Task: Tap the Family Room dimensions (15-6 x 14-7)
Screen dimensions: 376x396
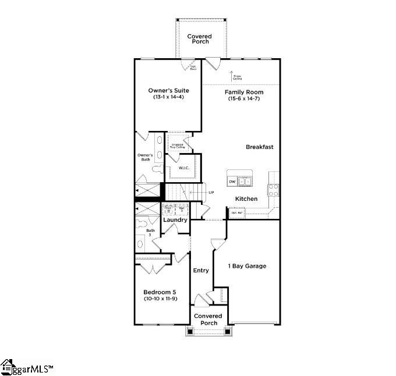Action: (x=244, y=99)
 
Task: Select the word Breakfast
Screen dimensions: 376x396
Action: (x=259, y=147)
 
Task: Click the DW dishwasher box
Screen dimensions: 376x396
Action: (x=232, y=182)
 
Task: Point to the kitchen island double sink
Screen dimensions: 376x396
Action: (x=246, y=182)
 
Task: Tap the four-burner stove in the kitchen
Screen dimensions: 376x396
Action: (x=273, y=190)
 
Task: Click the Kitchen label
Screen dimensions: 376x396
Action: (x=246, y=199)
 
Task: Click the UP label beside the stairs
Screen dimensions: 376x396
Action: (x=211, y=192)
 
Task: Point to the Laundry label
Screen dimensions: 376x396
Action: (x=175, y=220)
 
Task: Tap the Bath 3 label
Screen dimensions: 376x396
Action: (x=151, y=233)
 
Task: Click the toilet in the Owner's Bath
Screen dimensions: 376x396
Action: (x=156, y=169)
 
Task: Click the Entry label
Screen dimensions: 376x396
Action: (x=201, y=271)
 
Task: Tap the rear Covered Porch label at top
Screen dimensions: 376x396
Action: (x=199, y=39)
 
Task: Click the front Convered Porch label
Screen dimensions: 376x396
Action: (x=208, y=320)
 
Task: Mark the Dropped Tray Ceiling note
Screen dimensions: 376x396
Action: (x=177, y=146)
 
